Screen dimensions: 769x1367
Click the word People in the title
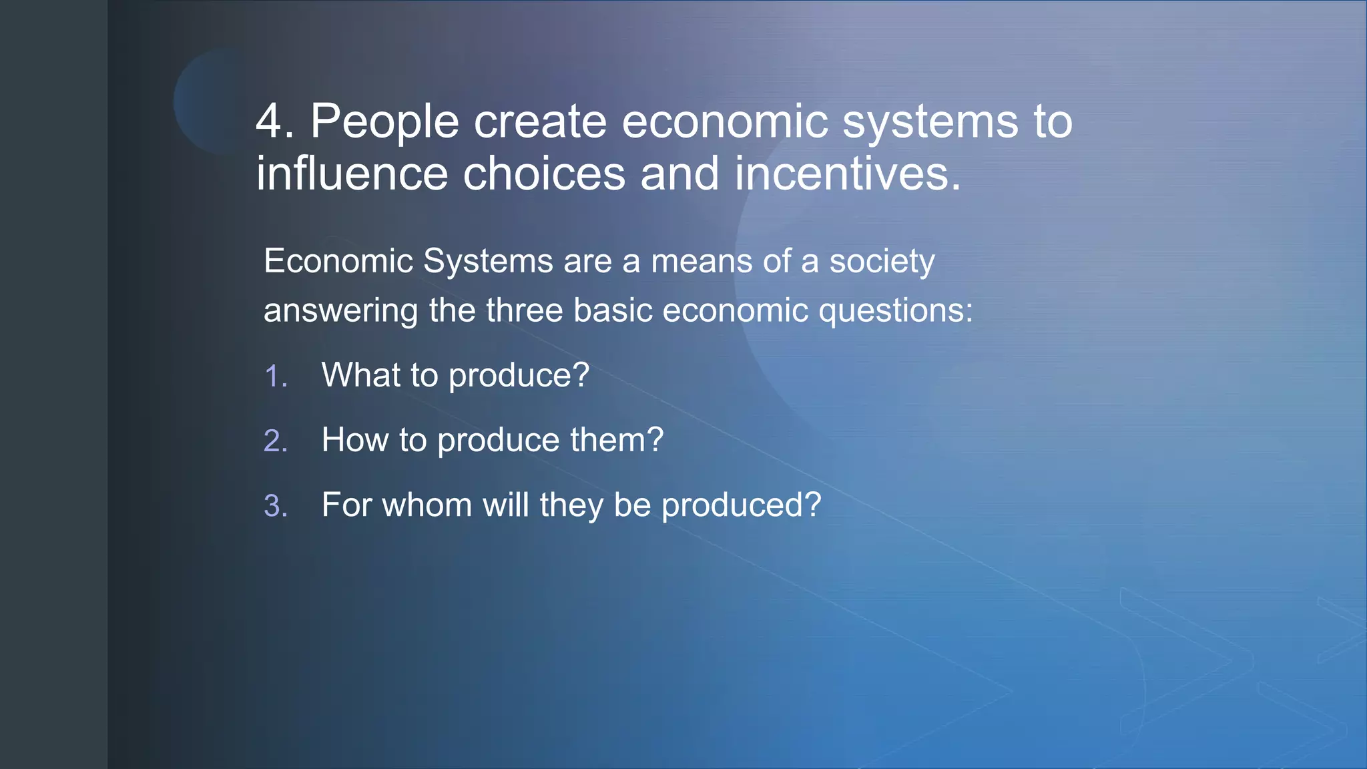point(384,122)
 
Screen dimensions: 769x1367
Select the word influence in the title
point(351,174)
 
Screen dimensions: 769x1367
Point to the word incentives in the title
point(847,174)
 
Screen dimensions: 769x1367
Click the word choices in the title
point(544,174)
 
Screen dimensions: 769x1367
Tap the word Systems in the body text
point(488,261)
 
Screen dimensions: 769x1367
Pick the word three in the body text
point(524,310)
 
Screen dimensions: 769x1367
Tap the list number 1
point(275,376)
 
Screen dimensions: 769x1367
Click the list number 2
point(275,441)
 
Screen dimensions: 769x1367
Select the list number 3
point(275,506)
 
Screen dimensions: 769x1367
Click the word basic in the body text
point(612,310)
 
